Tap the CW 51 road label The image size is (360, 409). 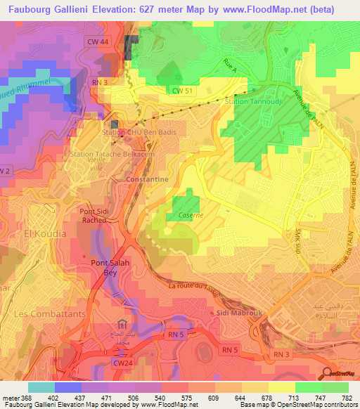pos(182,90)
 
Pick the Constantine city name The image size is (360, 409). pos(146,179)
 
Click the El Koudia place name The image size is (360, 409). pos(45,233)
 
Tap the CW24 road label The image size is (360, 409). pos(122,363)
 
